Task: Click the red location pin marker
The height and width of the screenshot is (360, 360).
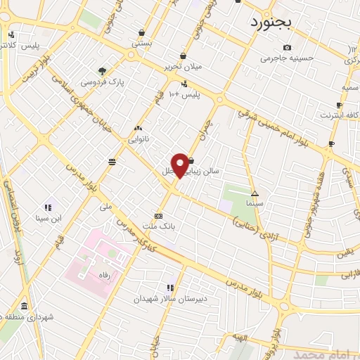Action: tap(180, 165)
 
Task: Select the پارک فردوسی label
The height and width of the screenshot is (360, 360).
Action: tap(102, 82)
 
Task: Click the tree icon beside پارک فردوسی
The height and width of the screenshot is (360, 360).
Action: tap(103, 71)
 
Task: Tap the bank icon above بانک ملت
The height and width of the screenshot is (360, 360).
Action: tap(159, 216)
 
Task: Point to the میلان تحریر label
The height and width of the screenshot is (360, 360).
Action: tap(183, 67)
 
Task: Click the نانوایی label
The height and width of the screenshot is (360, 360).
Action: tap(137, 139)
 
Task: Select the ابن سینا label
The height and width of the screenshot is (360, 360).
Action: tap(49, 219)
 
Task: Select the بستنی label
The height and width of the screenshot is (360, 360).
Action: tap(142, 44)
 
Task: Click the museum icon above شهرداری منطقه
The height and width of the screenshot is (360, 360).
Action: tap(25, 307)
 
